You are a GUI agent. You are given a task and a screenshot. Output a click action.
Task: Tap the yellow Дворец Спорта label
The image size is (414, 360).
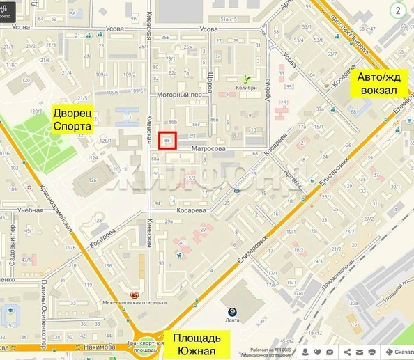[x=72, y=118]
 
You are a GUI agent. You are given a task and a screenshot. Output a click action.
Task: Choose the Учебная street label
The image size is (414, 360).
[x=31, y=210]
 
